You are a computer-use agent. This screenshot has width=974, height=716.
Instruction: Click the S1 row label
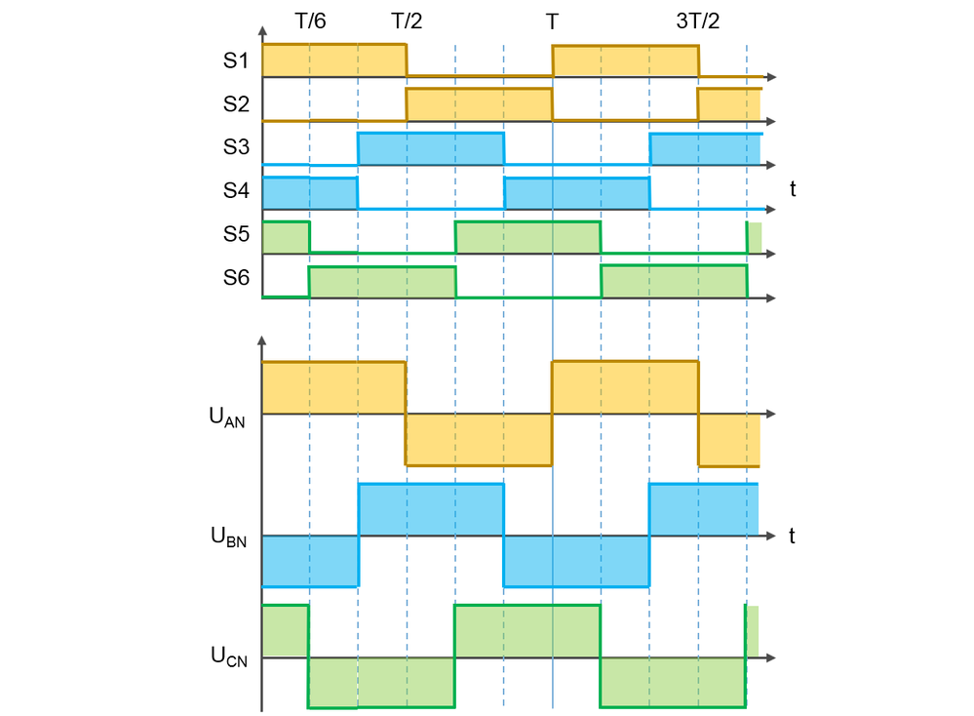236,60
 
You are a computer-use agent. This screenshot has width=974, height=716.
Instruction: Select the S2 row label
236,103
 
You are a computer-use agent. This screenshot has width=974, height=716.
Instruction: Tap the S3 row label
236,147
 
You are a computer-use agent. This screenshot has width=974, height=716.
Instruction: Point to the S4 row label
236,191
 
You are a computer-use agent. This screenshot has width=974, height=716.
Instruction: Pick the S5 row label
236,235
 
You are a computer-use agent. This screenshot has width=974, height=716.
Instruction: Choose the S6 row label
236,279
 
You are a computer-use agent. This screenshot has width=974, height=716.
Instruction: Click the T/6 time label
310,21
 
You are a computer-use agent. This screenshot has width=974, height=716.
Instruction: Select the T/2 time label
407,21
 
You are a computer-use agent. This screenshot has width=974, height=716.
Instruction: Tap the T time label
552,21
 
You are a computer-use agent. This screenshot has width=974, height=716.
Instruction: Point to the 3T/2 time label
697,21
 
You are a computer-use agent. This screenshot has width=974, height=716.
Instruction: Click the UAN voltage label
226,417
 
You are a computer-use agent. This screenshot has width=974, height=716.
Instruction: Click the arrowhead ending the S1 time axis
772,76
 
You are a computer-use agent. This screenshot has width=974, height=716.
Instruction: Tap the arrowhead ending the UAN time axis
773,415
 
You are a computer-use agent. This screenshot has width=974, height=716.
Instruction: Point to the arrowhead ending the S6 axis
772,298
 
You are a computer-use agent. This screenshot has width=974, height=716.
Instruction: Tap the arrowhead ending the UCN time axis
773,657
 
